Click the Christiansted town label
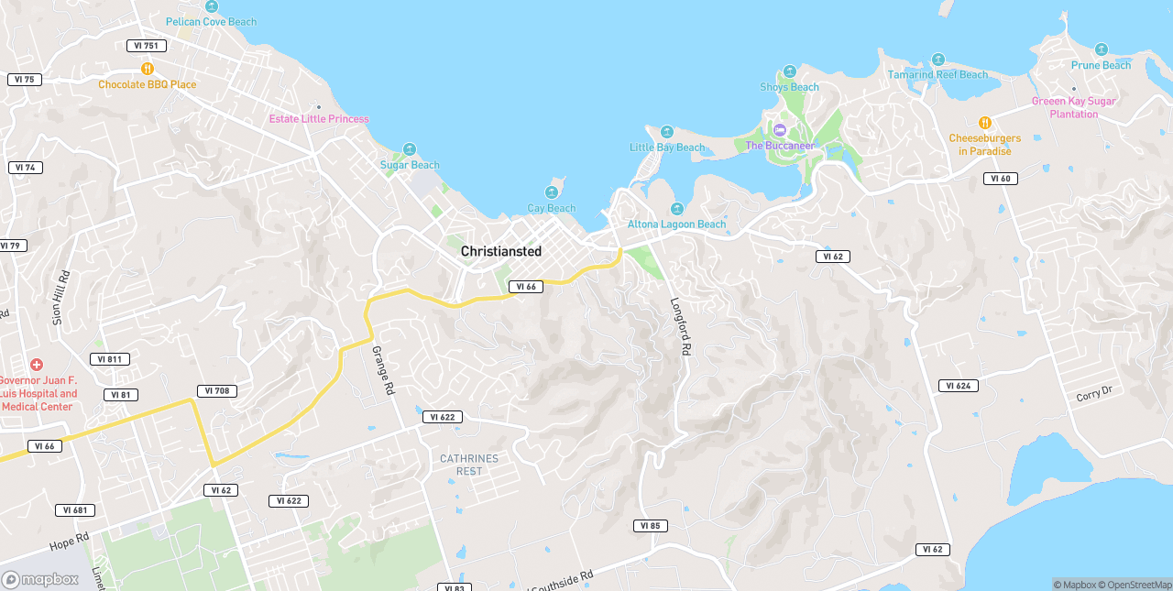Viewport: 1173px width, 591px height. (500, 251)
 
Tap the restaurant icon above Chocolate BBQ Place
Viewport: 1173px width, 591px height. (147, 69)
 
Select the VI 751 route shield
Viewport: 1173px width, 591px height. (146, 46)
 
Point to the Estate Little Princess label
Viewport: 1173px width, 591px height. (319, 119)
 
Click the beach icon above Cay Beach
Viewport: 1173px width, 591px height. (552, 192)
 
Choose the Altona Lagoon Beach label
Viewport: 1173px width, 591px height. (676, 224)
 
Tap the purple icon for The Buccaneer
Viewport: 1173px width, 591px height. (780, 130)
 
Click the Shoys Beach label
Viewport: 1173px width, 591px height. (789, 88)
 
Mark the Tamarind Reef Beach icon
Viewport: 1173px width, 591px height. (937, 60)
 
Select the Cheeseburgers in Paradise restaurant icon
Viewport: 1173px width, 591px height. (985, 123)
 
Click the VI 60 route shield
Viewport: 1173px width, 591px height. (1001, 179)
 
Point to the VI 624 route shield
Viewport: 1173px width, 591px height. (958, 386)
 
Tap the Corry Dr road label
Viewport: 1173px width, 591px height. (1094, 393)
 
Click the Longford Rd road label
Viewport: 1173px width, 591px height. (681, 326)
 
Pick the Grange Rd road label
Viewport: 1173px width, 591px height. (383, 369)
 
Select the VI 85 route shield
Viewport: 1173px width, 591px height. (650, 526)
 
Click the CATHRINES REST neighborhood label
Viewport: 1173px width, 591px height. (469, 465)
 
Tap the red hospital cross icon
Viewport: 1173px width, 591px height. (37, 365)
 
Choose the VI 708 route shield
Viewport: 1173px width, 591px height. (217, 391)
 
